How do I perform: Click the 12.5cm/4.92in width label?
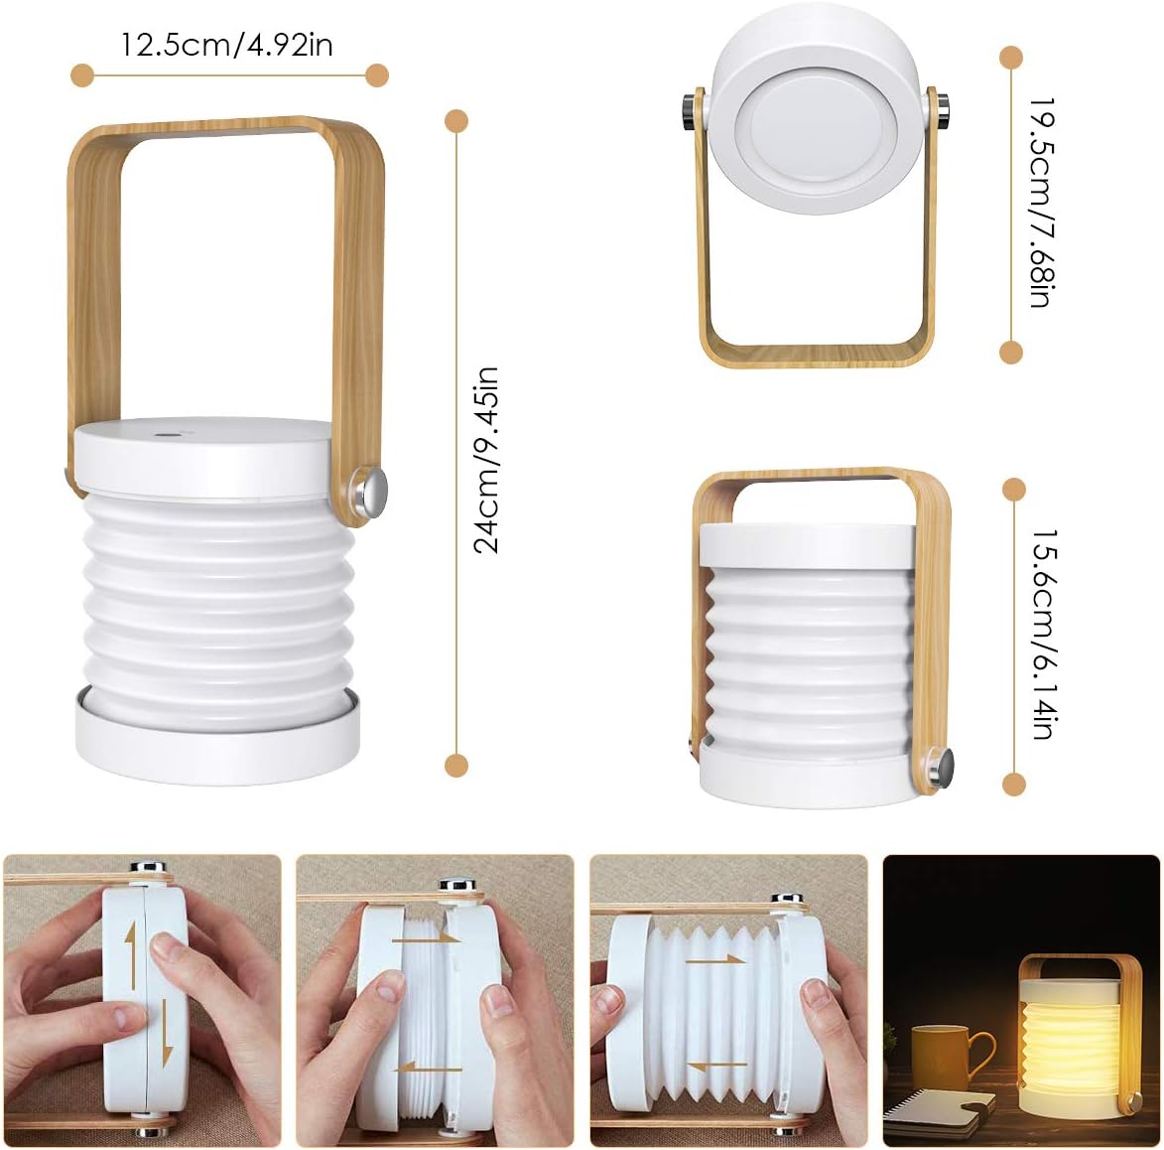click(227, 45)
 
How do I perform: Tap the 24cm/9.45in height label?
click(486, 459)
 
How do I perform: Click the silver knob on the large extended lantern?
click(373, 489)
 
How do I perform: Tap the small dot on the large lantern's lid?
click(162, 435)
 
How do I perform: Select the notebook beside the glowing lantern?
click(939, 1111)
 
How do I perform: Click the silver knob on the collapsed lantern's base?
click(941, 766)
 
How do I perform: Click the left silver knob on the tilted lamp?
click(688, 111)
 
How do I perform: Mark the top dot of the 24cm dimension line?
click(456, 121)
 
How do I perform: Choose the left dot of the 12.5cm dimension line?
click(82, 74)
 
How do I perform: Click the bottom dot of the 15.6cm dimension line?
click(1013, 785)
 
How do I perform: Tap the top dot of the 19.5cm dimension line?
click(1011, 57)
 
